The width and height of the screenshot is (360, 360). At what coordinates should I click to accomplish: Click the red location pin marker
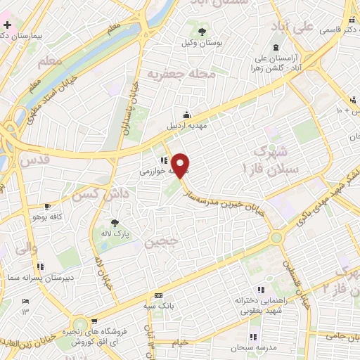coord(181,165)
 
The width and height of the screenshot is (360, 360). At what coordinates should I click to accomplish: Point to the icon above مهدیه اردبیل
coord(186,115)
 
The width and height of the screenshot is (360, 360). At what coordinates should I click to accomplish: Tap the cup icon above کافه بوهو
coord(47,207)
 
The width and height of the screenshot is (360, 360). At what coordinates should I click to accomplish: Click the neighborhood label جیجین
coord(160,243)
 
